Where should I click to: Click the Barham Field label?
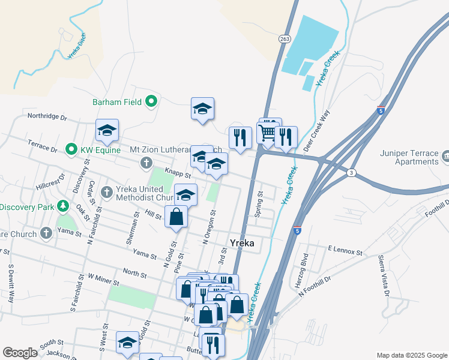point(117,102)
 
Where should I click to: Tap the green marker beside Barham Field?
point(151,102)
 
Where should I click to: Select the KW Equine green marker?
point(71,149)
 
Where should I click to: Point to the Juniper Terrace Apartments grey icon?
point(445,157)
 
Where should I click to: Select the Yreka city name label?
point(243,243)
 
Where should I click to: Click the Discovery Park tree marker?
point(63,207)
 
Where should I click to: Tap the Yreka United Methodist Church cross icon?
point(107,192)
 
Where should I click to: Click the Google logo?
point(20,353)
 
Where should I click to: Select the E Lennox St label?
point(345,248)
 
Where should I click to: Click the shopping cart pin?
point(267,131)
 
